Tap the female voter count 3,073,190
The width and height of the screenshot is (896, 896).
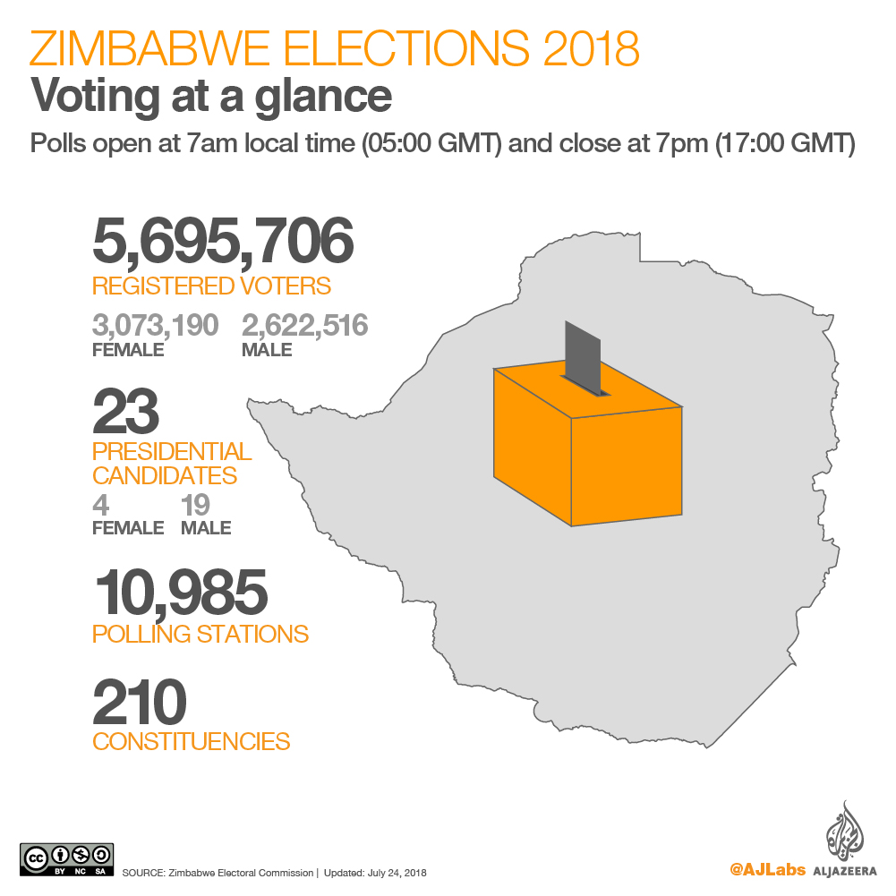click(x=155, y=325)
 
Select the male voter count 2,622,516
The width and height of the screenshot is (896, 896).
click(x=304, y=325)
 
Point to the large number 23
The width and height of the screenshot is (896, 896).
click(x=125, y=410)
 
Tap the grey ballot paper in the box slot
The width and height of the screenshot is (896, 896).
click(x=583, y=357)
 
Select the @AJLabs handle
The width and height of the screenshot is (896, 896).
click(x=767, y=869)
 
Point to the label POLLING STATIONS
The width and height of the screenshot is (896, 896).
click(x=201, y=635)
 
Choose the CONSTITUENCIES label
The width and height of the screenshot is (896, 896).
click(x=191, y=742)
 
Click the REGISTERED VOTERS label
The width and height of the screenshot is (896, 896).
click(x=211, y=286)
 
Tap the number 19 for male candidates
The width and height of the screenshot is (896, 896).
click(x=196, y=505)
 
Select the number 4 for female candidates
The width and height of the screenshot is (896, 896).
click(x=101, y=505)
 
